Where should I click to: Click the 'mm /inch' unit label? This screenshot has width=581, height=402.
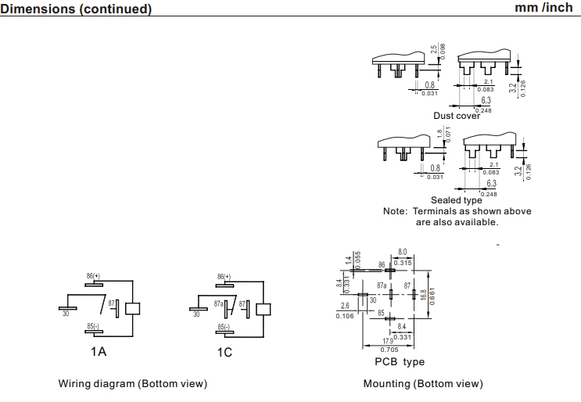click(543, 8)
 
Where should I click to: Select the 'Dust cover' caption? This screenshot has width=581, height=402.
click(457, 116)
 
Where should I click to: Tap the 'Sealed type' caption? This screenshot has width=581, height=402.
click(457, 200)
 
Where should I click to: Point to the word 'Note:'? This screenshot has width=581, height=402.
click(395, 211)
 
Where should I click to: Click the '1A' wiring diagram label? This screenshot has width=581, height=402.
click(98, 352)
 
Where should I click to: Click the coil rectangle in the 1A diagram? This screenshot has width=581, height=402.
click(132, 307)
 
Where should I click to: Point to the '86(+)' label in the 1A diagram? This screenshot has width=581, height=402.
click(94, 277)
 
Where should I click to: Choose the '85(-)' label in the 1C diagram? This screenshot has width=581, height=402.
click(223, 326)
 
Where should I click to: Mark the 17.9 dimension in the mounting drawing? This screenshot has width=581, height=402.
click(389, 341)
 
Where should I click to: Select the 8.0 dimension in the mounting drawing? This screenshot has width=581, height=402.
click(403, 253)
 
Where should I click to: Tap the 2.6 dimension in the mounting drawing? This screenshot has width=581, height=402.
click(346, 306)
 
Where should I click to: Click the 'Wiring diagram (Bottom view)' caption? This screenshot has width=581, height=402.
click(132, 384)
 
